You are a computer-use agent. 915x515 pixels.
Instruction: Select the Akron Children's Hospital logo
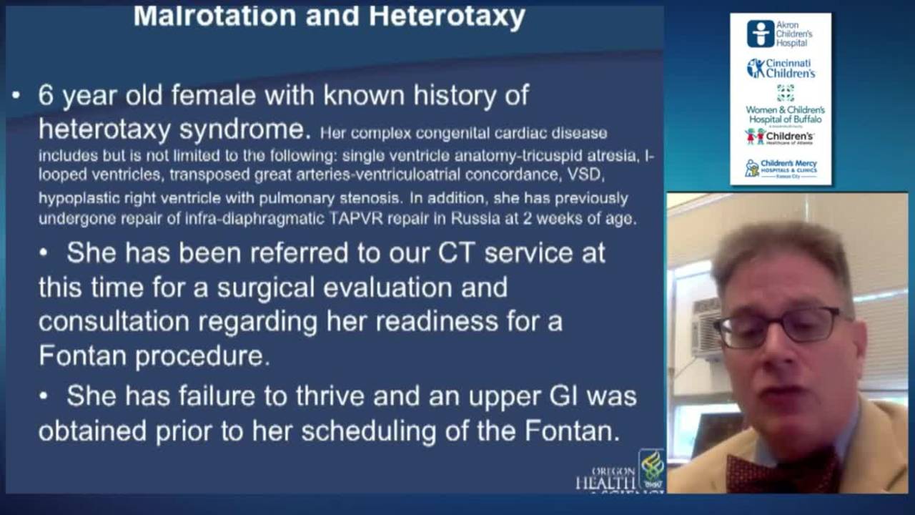click(780, 34)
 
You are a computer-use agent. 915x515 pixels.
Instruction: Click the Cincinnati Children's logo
click(781, 69)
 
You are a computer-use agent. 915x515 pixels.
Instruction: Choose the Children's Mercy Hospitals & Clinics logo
click(781, 168)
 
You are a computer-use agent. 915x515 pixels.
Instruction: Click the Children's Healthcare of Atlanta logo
click(780, 136)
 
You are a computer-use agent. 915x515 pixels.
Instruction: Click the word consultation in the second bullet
click(113, 321)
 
